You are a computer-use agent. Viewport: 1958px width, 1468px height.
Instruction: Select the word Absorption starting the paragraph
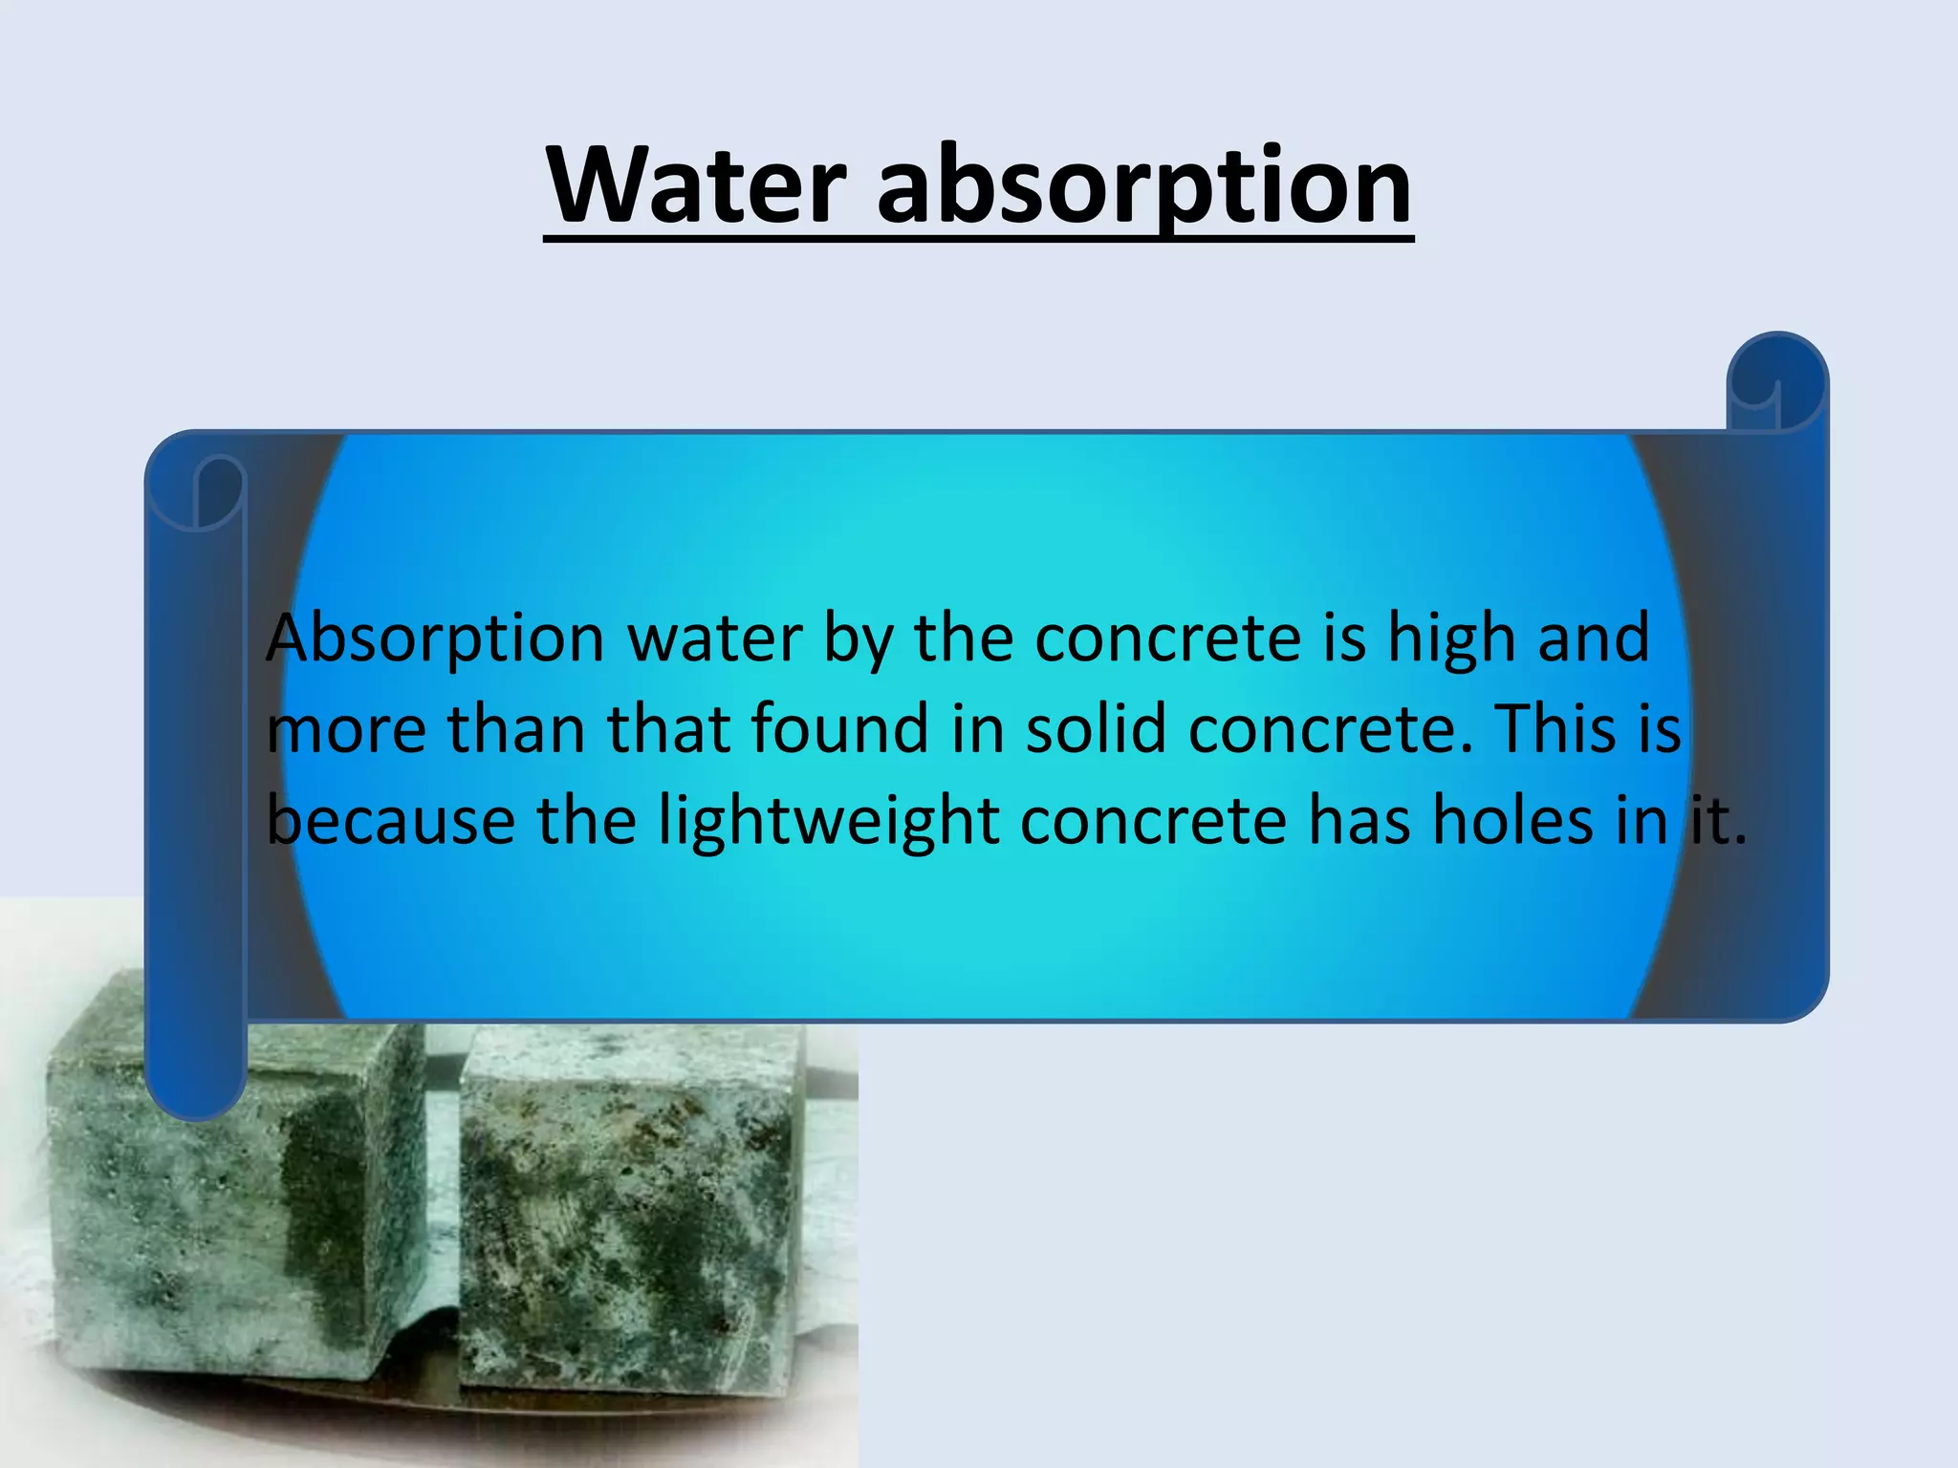(x=435, y=638)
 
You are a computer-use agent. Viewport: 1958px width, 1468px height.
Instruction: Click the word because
(x=390, y=820)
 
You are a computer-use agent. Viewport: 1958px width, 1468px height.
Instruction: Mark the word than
(x=516, y=728)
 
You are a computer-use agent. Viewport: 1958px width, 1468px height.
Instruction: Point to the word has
(x=1359, y=820)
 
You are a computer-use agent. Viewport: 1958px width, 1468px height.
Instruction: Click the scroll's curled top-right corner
(x=1777, y=382)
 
